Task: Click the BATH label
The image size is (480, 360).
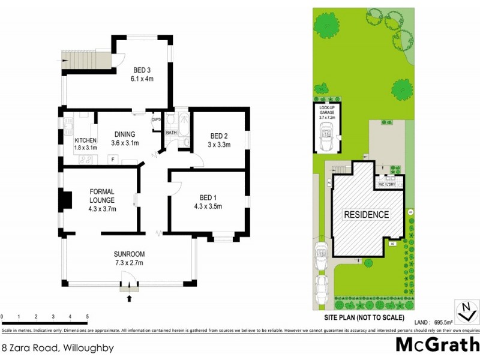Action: tap(171, 133)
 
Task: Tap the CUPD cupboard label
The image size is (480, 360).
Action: tap(156, 119)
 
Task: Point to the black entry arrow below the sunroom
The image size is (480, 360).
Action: tap(129, 298)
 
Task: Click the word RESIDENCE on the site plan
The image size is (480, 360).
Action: tap(366, 214)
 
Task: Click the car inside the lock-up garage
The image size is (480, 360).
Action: tap(327, 140)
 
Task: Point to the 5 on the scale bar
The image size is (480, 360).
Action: tap(88, 317)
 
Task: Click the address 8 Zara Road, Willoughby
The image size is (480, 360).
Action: tap(58, 347)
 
